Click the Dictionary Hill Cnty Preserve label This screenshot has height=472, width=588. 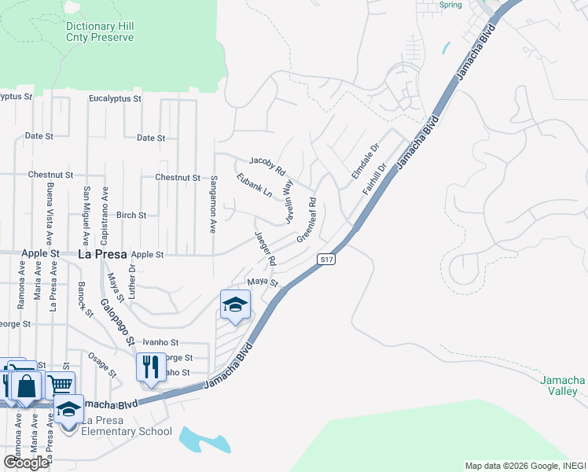[99, 31]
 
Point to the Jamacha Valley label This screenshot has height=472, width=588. [563, 385]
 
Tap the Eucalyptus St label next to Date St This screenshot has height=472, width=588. [115, 99]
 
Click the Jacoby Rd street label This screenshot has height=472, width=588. [267, 163]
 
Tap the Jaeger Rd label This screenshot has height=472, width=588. [265, 248]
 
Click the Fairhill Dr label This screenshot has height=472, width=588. [376, 179]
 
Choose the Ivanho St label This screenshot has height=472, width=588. [161, 343]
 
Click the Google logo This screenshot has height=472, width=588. [26, 462]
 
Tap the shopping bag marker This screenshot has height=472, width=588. [26, 386]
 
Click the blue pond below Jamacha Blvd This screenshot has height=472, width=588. [204, 440]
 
